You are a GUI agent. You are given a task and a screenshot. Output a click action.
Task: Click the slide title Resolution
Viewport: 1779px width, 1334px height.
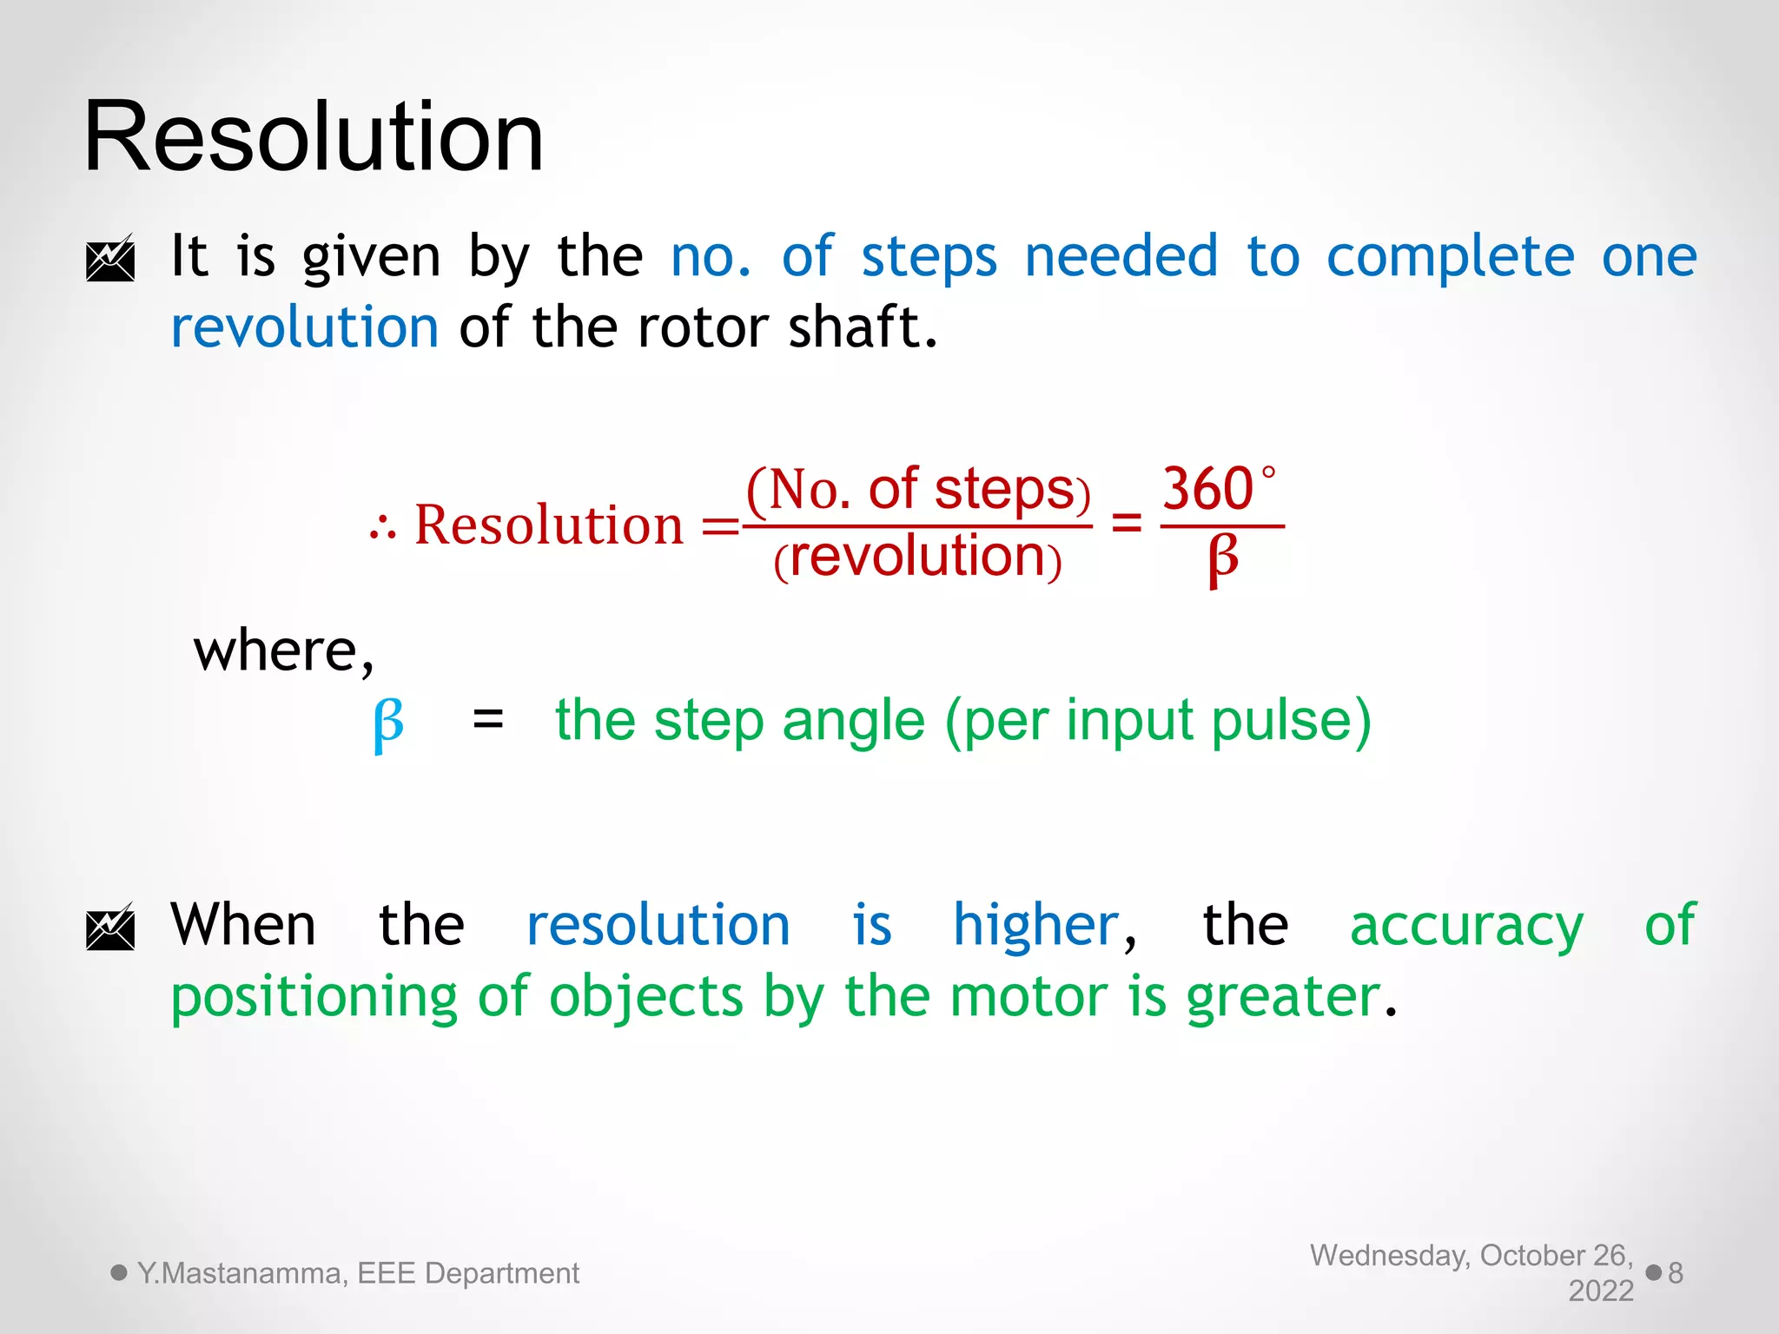pyautogui.click(x=314, y=137)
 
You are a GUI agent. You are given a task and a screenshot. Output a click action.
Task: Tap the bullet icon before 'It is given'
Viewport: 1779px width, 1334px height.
pyautogui.click(x=110, y=258)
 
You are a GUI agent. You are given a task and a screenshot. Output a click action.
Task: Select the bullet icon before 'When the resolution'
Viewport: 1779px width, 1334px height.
pyautogui.click(x=110, y=927)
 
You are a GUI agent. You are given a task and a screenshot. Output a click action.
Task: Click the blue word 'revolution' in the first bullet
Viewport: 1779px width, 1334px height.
pyautogui.click(x=305, y=327)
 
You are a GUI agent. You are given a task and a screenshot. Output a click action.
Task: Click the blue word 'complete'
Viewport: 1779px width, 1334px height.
pyautogui.click(x=1450, y=257)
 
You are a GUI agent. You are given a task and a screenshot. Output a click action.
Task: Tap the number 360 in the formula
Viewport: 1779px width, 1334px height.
pyautogui.click(x=1207, y=489)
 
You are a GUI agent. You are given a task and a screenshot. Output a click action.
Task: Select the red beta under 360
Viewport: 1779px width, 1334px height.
pyautogui.click(x=1222, y=558)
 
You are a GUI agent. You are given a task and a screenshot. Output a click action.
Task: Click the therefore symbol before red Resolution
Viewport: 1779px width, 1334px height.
pyautogui.click(x=382, y=527)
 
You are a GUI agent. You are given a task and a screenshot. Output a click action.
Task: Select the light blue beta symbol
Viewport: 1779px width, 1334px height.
pyautogui.click(x=388, y=723)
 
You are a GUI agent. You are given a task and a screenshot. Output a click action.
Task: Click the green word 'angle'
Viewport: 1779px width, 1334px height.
pyautogui.click(x=853, y=721)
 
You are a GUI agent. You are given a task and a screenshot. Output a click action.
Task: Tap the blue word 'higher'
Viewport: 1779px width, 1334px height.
pyautogui.click(x=1035, y=925)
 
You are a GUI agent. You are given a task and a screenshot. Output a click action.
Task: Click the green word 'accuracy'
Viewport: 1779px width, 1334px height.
pyautogui.click(x=1466, y=926)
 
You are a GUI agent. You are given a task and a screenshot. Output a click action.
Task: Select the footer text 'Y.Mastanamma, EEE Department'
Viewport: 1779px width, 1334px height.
pyautogui.click(x=358, y=1273)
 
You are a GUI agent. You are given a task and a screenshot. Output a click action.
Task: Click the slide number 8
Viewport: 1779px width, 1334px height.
pyautogui.click(x=1676, y=1273)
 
